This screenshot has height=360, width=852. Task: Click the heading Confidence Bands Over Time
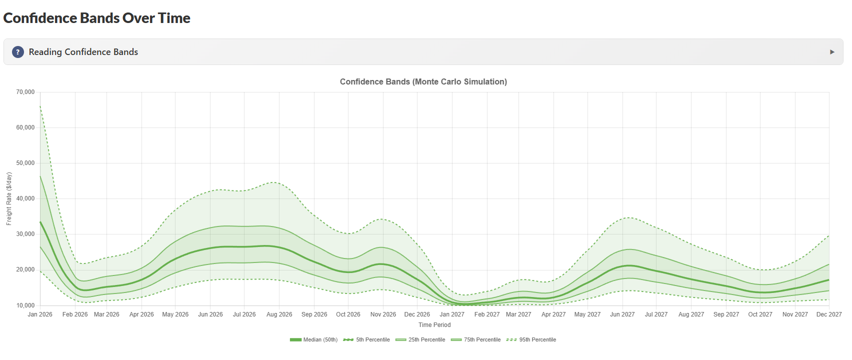(97, 18)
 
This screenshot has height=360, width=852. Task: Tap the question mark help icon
(18, 52)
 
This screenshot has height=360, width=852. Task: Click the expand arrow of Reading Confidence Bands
(832, 52)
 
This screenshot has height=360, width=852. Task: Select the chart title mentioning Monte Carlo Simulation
(423, 81)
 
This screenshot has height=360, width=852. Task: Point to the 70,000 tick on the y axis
(25, 92)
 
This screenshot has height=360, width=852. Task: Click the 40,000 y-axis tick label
(25, 198)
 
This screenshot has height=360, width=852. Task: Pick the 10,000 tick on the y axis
(25, 305)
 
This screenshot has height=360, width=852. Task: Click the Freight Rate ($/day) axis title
(9, 198)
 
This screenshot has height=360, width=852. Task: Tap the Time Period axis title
(434, 325)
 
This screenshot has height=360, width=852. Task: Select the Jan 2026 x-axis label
(40, 314)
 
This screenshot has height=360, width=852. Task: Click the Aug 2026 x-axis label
(279, 314)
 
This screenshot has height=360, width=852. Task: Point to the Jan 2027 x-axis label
(452, 314)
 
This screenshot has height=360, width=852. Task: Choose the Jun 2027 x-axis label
(622, 314)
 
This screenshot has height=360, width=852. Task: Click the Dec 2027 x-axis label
(828, 314)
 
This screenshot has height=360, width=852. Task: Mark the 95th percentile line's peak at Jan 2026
(40, 106)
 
